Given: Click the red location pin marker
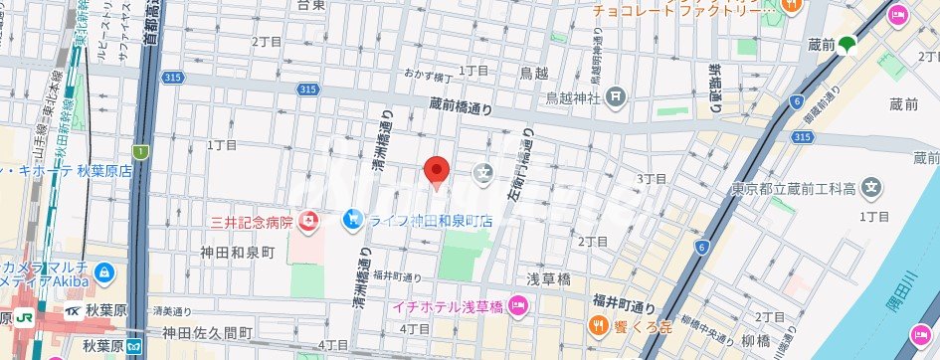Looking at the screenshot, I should point(438,170).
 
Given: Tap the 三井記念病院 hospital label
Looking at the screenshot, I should point(251,221).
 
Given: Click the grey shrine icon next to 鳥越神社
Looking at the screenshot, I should point(617,95).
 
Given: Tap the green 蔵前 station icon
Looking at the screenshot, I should point(846,44).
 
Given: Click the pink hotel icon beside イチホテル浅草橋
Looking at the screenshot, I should point(517,304).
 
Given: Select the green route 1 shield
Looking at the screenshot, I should point(141,151).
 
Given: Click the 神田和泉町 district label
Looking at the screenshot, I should point(237,252).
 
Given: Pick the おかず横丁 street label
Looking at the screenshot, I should point(429,76).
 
